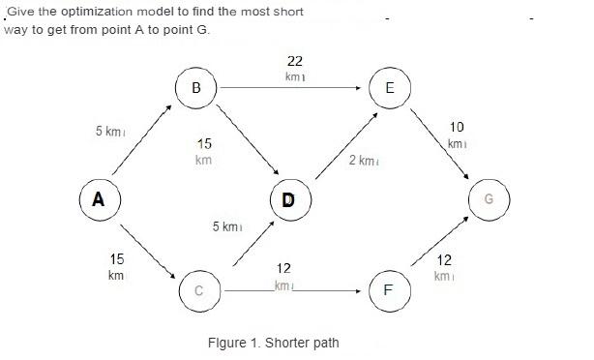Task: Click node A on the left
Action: pyautogui.click(x=98, y=200)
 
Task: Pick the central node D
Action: pyautogui.click(x=288, y=200)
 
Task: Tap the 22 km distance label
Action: pyautogui.click(x=295, y=68)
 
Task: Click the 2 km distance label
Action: pyautogui.click(x=362, y=160)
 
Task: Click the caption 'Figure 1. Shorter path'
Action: pyautogui.click(x=274, y=343)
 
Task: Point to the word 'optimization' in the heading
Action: pyautogui.click(x=97, y=11)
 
